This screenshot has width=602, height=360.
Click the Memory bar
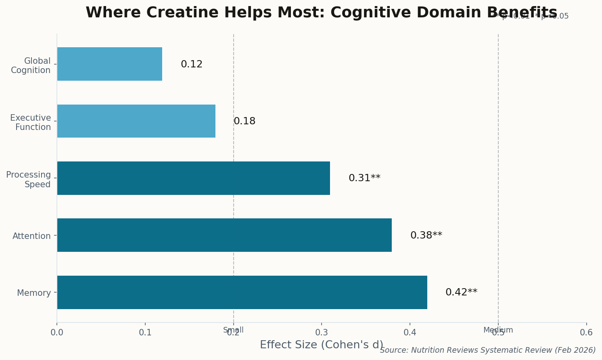(242, 292)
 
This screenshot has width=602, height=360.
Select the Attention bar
(224, 235)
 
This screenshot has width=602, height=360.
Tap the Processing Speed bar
(193, 178)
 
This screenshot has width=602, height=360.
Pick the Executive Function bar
(136, 121)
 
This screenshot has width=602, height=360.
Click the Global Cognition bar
(109, 64)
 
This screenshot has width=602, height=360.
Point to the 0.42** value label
(461, 292)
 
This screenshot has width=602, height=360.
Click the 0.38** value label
(426, 235)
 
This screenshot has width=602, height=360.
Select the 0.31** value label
(364, 178)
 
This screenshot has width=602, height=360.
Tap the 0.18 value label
(245, 121)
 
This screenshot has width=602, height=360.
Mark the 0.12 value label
(192, 64)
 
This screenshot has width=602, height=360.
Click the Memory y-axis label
(34, 293)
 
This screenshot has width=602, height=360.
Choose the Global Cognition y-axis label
(31, 65)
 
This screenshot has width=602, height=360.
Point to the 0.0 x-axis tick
(57, 333)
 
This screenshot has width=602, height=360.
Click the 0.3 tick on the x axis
(322, 333)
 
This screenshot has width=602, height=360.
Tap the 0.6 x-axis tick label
(586, 333)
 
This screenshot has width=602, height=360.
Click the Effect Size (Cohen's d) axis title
(321, 345)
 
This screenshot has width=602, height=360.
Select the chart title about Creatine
(321, 13)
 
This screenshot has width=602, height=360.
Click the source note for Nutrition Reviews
(487, 350)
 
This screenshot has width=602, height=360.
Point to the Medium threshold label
(498, 330)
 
